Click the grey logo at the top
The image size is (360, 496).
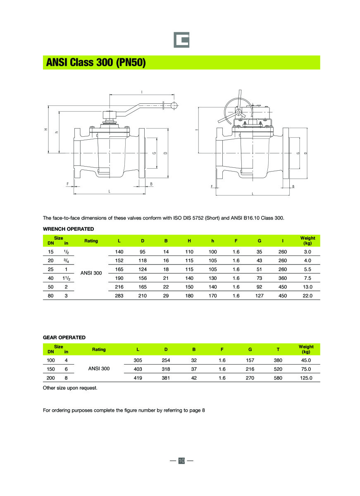[x=181, y=40]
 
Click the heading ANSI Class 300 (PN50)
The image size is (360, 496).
[x=95, y=62]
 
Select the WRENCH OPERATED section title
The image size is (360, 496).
[x=68, y=229]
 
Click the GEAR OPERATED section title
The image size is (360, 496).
[x=64, y=338]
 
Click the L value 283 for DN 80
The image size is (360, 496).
[x=119, y=296]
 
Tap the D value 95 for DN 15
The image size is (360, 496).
[x=143, y=252]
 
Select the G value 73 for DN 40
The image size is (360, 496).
[x=259, y=278]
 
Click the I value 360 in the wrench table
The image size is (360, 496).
[x=283, y=278]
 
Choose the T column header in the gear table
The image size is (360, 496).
[x=278, y=350]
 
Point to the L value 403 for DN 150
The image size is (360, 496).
[x=138, y=369]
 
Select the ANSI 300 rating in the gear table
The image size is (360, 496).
[x=99, y=369]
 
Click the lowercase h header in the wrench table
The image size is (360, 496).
[x=212, y=241]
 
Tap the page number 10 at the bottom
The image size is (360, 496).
[x=181, y=460]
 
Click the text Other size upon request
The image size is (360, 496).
[x=70, y=388]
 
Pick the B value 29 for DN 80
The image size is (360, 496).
[x=166, y=296]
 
